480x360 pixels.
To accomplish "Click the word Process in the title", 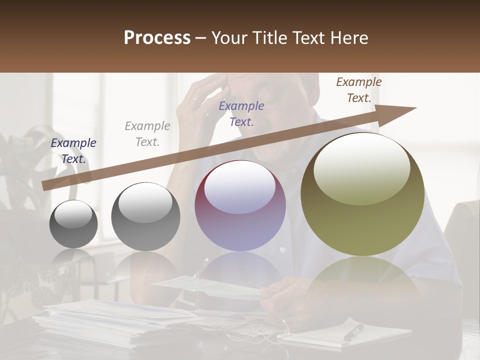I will click(x=157, y=38).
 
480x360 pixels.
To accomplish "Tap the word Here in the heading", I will click(x=348, y=38).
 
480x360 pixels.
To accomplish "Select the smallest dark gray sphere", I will click(x=73, y=224).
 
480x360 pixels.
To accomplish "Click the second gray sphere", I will click(x=145, y=216).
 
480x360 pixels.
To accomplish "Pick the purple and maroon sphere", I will click(x=240, y=205).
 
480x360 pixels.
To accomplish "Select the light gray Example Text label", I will click(x=147, y=134).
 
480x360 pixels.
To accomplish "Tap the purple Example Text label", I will click(x=241, y=114).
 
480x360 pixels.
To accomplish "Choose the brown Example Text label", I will click(x=359, y=90).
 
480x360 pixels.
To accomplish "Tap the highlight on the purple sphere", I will click(x=240, y=187).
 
